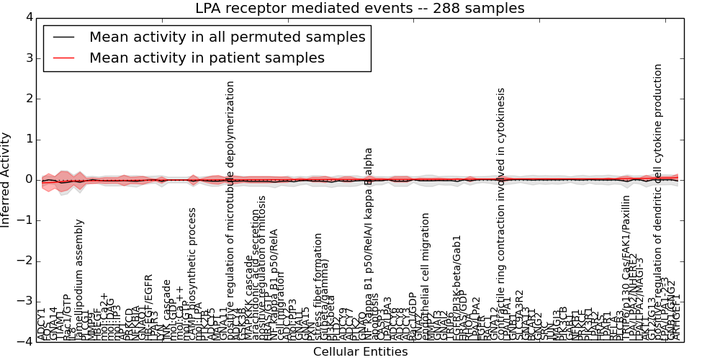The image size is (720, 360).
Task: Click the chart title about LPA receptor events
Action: point(360,9)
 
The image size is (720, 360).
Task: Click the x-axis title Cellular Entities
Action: point(360,352)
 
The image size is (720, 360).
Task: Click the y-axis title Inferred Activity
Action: point(6,180)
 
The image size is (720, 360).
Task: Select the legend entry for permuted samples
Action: point(227,37)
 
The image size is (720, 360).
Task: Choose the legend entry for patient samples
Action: point(207,58)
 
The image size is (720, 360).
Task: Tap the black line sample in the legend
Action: point(64,37)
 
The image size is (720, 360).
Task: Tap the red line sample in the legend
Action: point(64,58)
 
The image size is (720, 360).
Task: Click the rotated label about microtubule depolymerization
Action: point(230,209)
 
